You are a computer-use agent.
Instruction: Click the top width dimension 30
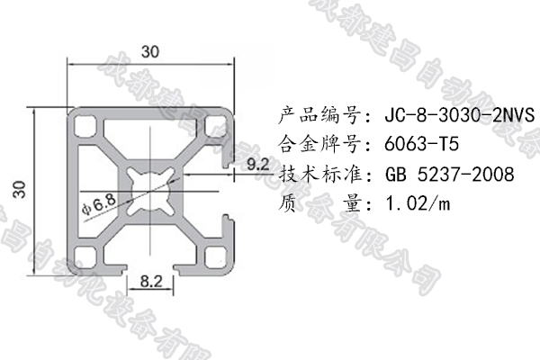coord(151,52)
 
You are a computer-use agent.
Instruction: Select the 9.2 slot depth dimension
coord(256,163)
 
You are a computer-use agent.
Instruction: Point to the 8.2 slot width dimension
coord(151,282)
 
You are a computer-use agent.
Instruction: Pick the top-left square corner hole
coord(87,123)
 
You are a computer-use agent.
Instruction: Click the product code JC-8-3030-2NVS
coord(459,116)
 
